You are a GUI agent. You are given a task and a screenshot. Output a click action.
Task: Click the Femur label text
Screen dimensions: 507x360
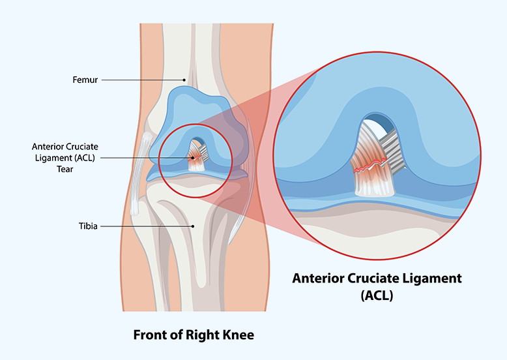pos(85,80)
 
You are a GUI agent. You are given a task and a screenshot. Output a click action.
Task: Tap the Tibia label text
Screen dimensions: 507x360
pos(88,226)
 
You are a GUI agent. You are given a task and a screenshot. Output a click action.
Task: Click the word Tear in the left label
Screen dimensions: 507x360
pos(65,169)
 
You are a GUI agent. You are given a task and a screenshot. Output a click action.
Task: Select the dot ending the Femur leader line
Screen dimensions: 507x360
pos(184,80)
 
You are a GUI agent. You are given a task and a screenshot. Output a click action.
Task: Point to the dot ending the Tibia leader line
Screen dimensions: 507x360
pos(193,226)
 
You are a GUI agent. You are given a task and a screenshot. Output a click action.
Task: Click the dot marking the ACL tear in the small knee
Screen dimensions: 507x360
pos(193,158)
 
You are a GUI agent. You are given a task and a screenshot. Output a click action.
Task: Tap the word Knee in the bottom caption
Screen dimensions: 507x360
pos(238,335)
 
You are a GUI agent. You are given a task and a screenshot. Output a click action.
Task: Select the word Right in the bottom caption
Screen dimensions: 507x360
pos(203,335)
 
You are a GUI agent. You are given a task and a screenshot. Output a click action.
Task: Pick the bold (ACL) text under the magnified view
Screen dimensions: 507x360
pos(377,295)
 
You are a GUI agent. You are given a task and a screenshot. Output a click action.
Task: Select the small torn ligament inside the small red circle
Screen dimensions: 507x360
pos(196,157)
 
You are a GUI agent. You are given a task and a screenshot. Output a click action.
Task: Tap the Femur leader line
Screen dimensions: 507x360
pos(142,80)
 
